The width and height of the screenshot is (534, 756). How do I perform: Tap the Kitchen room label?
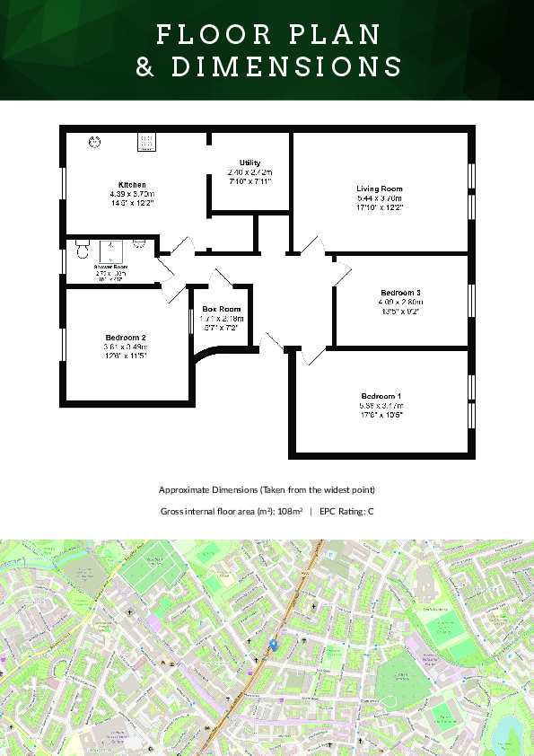[132, 184]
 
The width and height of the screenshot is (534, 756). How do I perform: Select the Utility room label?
[249, 163]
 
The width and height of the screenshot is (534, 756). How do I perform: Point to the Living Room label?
[380, 189]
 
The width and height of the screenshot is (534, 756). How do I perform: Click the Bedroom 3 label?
[400, 294]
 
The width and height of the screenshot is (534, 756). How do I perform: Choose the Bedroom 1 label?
[381, 397]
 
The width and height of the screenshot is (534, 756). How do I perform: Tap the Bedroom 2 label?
[125, 338]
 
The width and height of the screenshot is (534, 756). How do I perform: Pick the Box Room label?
[222, 309]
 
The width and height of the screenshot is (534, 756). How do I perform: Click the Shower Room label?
[111, 267]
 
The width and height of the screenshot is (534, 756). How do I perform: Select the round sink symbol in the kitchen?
[94, 141]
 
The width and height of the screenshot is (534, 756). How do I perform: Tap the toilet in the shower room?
[82, 246]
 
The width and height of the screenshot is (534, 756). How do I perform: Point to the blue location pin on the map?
[274, 645]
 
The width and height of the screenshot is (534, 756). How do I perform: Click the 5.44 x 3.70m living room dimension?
[380, 198]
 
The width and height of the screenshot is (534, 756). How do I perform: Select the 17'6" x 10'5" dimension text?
[381, 415]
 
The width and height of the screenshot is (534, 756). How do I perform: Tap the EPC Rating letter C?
[371, 512]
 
